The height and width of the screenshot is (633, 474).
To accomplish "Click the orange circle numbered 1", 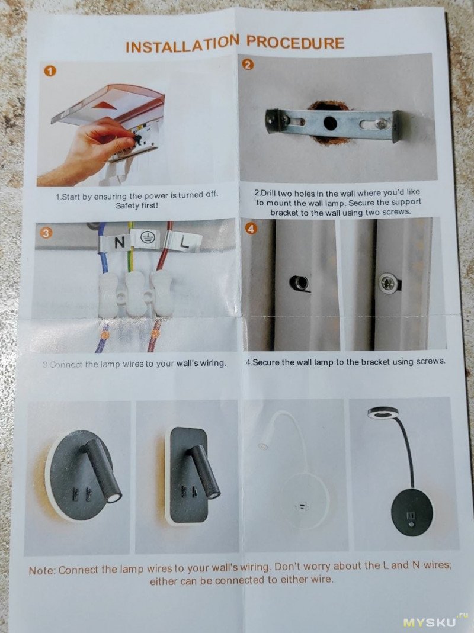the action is pos(50,71).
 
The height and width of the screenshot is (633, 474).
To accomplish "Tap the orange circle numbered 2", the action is pos(248,64).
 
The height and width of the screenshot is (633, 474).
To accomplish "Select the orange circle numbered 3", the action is pos(46,233).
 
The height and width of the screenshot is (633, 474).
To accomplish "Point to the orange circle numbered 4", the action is pos(251,229).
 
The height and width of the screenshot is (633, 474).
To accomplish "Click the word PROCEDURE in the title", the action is pos(296,43).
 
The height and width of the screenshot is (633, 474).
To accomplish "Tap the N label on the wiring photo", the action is pos(120,243).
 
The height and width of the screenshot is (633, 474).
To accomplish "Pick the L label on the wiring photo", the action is pos(184,243).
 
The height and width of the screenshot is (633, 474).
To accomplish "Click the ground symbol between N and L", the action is pos(148,238).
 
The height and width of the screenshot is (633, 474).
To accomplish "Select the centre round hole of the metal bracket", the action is pos(330,123).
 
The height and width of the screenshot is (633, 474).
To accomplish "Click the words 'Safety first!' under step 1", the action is pos(137,205).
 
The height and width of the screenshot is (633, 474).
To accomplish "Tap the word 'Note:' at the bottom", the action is pos(42,571).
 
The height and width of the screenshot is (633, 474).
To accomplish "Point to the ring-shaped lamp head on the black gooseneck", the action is pos(383,413).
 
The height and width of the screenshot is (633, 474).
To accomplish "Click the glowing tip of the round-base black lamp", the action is pos(115,498).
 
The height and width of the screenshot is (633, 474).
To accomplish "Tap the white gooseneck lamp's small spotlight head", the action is pos(263,446).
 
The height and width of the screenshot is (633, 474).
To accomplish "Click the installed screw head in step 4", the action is pos(387,282).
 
